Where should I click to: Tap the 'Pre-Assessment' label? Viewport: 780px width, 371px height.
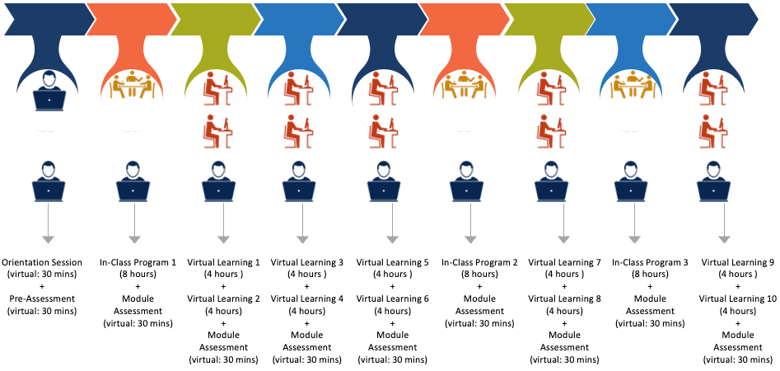(48, 298)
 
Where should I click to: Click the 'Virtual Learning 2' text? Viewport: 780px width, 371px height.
(223, 298)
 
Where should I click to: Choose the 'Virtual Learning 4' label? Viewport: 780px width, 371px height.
(306, 298)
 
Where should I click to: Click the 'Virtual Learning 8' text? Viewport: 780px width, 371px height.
(565, 298)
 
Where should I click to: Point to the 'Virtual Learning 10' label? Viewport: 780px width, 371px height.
(737, 298)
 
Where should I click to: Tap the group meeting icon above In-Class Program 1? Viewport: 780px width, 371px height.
(132, 85)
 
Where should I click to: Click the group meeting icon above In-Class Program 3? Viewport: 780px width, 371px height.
(633, 85)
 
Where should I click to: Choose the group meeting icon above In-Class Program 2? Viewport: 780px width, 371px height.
(466, 85)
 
